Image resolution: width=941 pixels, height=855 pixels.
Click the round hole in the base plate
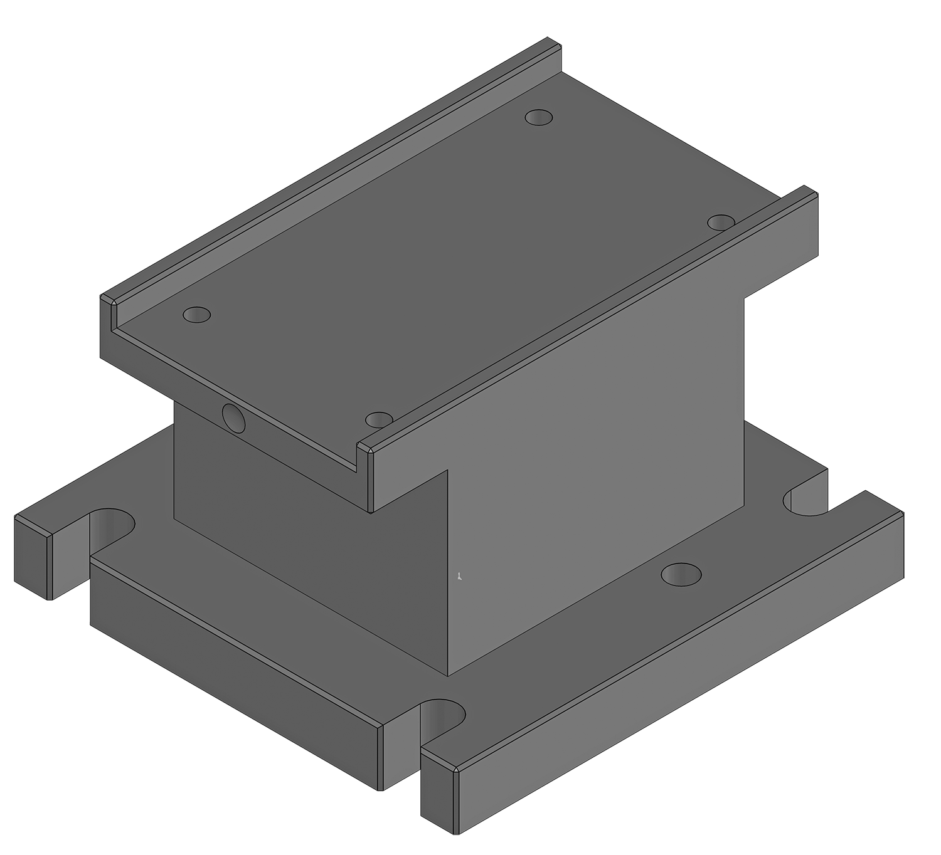tap(681, 574)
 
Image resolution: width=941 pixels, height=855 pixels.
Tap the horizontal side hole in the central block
tap(233, 417)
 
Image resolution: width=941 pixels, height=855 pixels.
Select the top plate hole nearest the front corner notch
tap(378, 419)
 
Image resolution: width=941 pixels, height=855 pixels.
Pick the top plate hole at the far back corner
tap(539, 117)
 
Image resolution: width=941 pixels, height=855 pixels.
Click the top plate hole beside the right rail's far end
tap(721, 223)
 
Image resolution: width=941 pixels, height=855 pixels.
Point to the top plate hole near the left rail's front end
tap(197, 315)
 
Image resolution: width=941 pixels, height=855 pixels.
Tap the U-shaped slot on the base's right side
tap(806, 501)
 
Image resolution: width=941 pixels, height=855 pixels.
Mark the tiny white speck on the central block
tap(460, 576)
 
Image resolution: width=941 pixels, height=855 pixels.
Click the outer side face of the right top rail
tap(596, 351)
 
